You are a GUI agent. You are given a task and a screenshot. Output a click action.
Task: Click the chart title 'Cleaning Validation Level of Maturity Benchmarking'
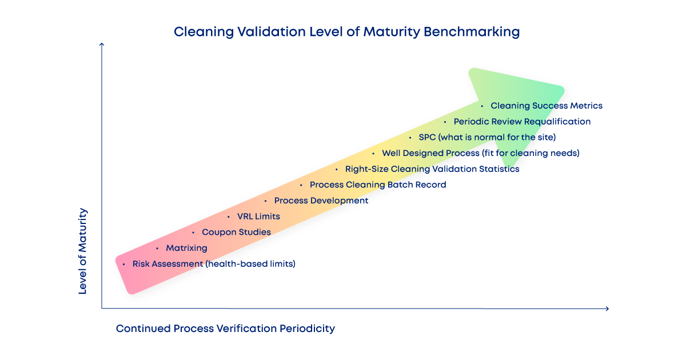pos(346,32)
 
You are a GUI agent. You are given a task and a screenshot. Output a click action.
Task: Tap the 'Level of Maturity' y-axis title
pos(83,251)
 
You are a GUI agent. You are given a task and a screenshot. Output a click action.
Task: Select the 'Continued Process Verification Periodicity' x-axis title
pos(225,329)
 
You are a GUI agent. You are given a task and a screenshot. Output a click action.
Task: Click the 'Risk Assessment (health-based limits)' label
pos(214,264)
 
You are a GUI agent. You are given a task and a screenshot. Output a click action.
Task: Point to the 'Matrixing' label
pos(186,248)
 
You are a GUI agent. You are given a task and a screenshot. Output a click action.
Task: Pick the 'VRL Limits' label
pos(258,217)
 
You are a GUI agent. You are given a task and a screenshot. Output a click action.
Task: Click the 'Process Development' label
pos(321,201)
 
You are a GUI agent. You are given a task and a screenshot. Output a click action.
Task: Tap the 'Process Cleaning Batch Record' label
pos(378,185)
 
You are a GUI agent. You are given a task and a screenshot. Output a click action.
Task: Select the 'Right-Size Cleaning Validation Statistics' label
pos(432,169)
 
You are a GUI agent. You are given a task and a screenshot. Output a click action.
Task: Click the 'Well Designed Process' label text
pos(430,153)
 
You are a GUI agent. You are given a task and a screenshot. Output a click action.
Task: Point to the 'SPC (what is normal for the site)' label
pos(487,137)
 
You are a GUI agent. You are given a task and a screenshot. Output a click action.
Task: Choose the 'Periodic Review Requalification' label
pos(522,122)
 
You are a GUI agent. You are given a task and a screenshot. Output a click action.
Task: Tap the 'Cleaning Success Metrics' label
pos(547,106)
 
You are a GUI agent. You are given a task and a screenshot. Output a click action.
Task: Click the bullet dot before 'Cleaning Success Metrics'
pos(482,106)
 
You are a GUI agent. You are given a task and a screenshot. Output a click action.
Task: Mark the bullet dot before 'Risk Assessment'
pos(124,264)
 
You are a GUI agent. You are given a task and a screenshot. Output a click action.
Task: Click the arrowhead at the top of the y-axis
pos(101,45)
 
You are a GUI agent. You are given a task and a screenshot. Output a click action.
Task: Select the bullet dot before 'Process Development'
pos(266,201)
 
